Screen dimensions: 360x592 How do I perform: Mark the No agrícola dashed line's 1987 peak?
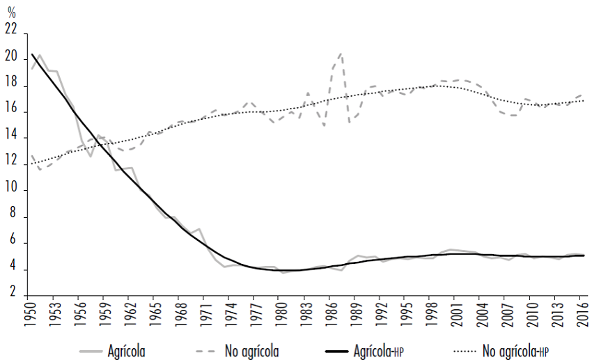[x=341, y=54]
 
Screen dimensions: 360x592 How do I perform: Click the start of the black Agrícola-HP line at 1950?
[x=32, y=54]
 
